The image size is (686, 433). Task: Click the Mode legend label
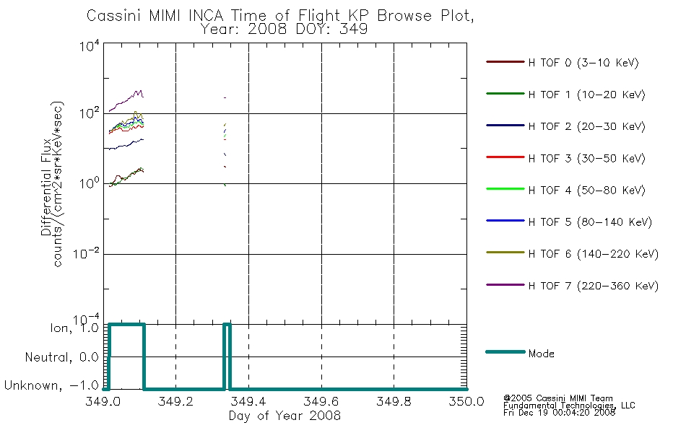click(x=541, y=354)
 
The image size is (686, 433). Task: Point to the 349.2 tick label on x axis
click(x=175, y=401)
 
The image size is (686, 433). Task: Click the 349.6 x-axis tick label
click(x=321, y=401)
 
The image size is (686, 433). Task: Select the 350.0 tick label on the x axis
click(x=466, y=401)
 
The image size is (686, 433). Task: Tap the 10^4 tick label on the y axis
click(x=90, y=46)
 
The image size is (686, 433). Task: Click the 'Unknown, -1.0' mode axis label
click(x=51, y=386)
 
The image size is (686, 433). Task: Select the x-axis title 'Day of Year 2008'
click(x=285, y=416)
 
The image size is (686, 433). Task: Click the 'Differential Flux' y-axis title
click(x=46, y=187)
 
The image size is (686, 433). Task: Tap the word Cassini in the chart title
click(x=113, y=16)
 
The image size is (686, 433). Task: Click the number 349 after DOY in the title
click(x=354, y=30)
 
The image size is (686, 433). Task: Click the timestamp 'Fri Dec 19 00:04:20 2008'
click(x=559, y=413)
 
